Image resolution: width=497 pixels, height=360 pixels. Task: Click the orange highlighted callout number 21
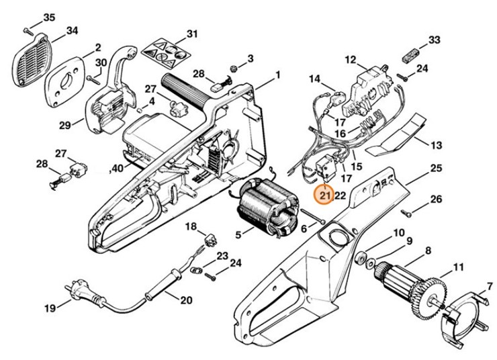tap(325, 195)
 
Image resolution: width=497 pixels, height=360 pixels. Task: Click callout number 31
tap(192, 34)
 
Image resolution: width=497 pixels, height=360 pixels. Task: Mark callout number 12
tap(350, 60)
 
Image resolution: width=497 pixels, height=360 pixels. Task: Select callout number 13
tap(436, 145)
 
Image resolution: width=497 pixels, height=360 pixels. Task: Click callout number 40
tap(118, 168)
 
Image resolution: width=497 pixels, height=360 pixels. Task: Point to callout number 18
tap(191, 226)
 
